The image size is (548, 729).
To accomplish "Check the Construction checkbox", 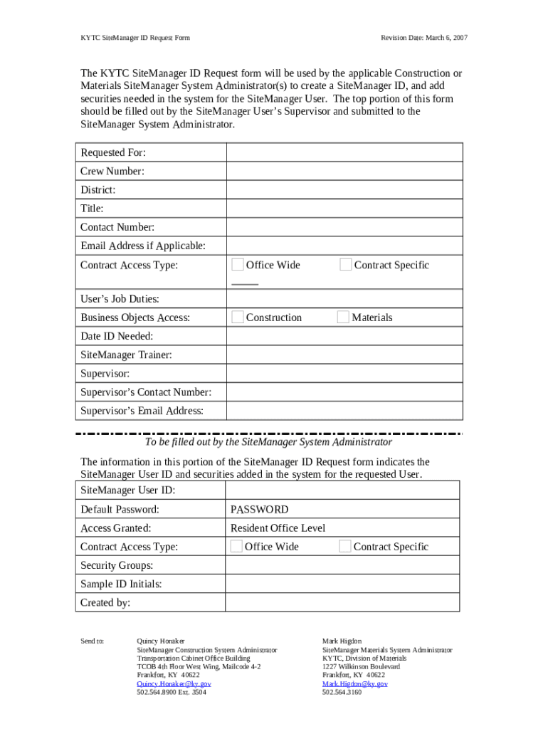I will point(238,318).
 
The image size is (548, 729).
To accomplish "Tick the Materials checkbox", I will point(344,318).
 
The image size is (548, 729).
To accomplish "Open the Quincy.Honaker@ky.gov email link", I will point(174,683).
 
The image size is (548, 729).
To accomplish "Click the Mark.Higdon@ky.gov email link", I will point(354,683).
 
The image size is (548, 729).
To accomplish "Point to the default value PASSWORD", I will point(260,510).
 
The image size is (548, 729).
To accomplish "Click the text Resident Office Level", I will point(278,528).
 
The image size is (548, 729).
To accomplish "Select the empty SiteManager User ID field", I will point(342,491).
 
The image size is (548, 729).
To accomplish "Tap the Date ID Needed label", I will point(117,336).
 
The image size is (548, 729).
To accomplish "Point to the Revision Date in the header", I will point(424,37).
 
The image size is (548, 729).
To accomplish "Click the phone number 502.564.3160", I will point(342,692).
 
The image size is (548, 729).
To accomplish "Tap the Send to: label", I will point(93,641).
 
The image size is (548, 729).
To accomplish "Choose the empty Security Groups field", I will point(342,565).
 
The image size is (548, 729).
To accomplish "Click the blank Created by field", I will point(342,603).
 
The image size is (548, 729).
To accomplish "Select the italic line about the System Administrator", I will point(268,442).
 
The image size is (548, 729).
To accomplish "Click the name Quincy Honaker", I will point(160,641).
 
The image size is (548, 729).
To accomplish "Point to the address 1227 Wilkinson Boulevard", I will point(361,666).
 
